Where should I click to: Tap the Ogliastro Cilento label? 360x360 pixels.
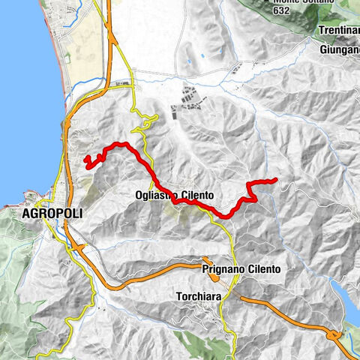(175, 195)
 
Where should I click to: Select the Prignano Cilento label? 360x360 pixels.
(241, 268)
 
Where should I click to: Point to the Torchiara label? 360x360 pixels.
(199, 295)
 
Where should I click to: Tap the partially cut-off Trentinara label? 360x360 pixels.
(338, 30)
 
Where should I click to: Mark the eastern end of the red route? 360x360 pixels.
(276, 179)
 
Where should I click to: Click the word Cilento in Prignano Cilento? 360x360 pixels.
(261, 268)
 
